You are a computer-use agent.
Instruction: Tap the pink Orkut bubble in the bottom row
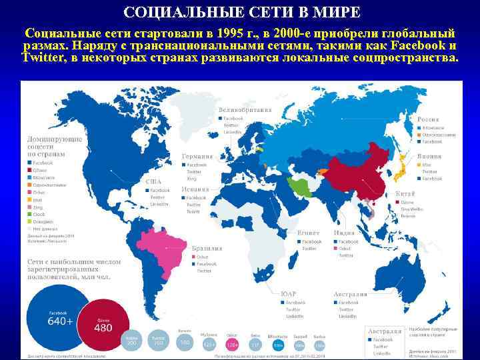coord(233,344)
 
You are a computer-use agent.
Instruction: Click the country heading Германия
coord(197,156)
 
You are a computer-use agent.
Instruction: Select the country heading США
coord(153,181)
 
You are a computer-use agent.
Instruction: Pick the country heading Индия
coord(344,233)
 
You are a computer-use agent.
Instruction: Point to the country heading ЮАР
coord(289,293)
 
